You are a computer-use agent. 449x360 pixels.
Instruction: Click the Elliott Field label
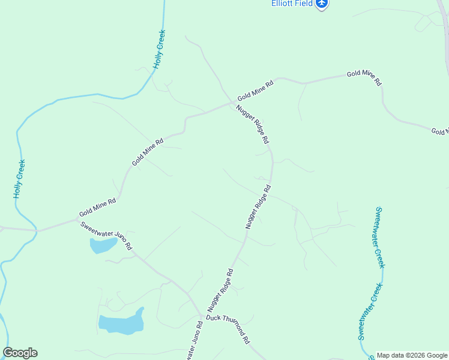[x=291, y=3]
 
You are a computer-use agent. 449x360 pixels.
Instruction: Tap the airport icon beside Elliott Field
[x=323, y=4]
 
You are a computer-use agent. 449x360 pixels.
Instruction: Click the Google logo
[x=20, y=353]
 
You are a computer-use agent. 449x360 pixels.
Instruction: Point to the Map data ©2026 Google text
[x=412, y=355]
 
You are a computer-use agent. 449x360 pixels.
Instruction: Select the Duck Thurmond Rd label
[x=228, y=328]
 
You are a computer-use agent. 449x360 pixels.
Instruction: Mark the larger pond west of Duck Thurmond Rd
[x=122, y=323]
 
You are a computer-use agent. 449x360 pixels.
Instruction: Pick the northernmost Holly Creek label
[x=159, y=49]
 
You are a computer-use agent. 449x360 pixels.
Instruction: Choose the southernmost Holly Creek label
[x=19, y=179]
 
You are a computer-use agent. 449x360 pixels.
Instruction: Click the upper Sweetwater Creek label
[x=381, y=238]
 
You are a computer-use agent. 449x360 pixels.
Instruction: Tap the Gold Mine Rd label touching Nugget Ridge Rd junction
[x=255, y=90]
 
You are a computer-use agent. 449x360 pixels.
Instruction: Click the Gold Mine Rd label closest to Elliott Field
[x=364, y=79]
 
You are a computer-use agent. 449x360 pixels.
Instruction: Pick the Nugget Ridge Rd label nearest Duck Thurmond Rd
[x=221, y=289]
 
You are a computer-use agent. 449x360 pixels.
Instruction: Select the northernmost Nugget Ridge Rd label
[x=252, y=125]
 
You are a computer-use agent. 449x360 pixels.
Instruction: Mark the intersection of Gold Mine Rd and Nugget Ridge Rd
[x=233, y=103]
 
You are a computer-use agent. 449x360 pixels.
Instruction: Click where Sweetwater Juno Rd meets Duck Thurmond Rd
[x=202, y=316]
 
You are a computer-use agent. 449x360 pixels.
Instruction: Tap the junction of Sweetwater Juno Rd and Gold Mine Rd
[x=37, y=230]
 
